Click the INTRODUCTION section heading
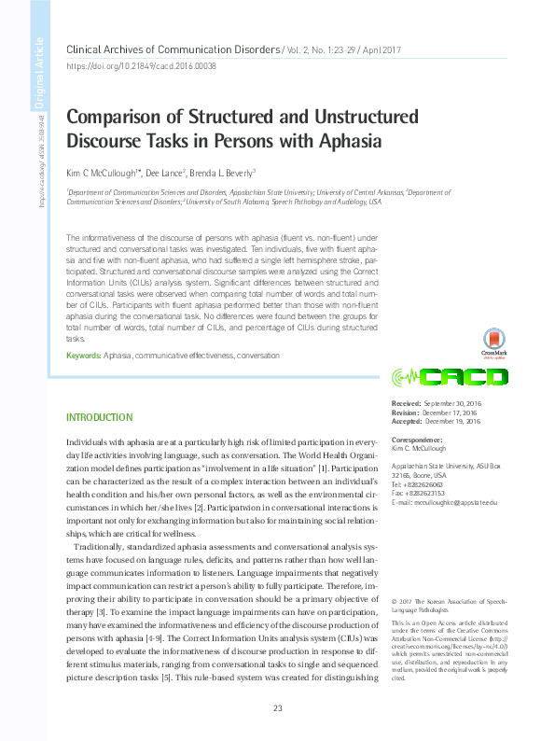point(99,416)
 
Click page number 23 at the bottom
point(277,708)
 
